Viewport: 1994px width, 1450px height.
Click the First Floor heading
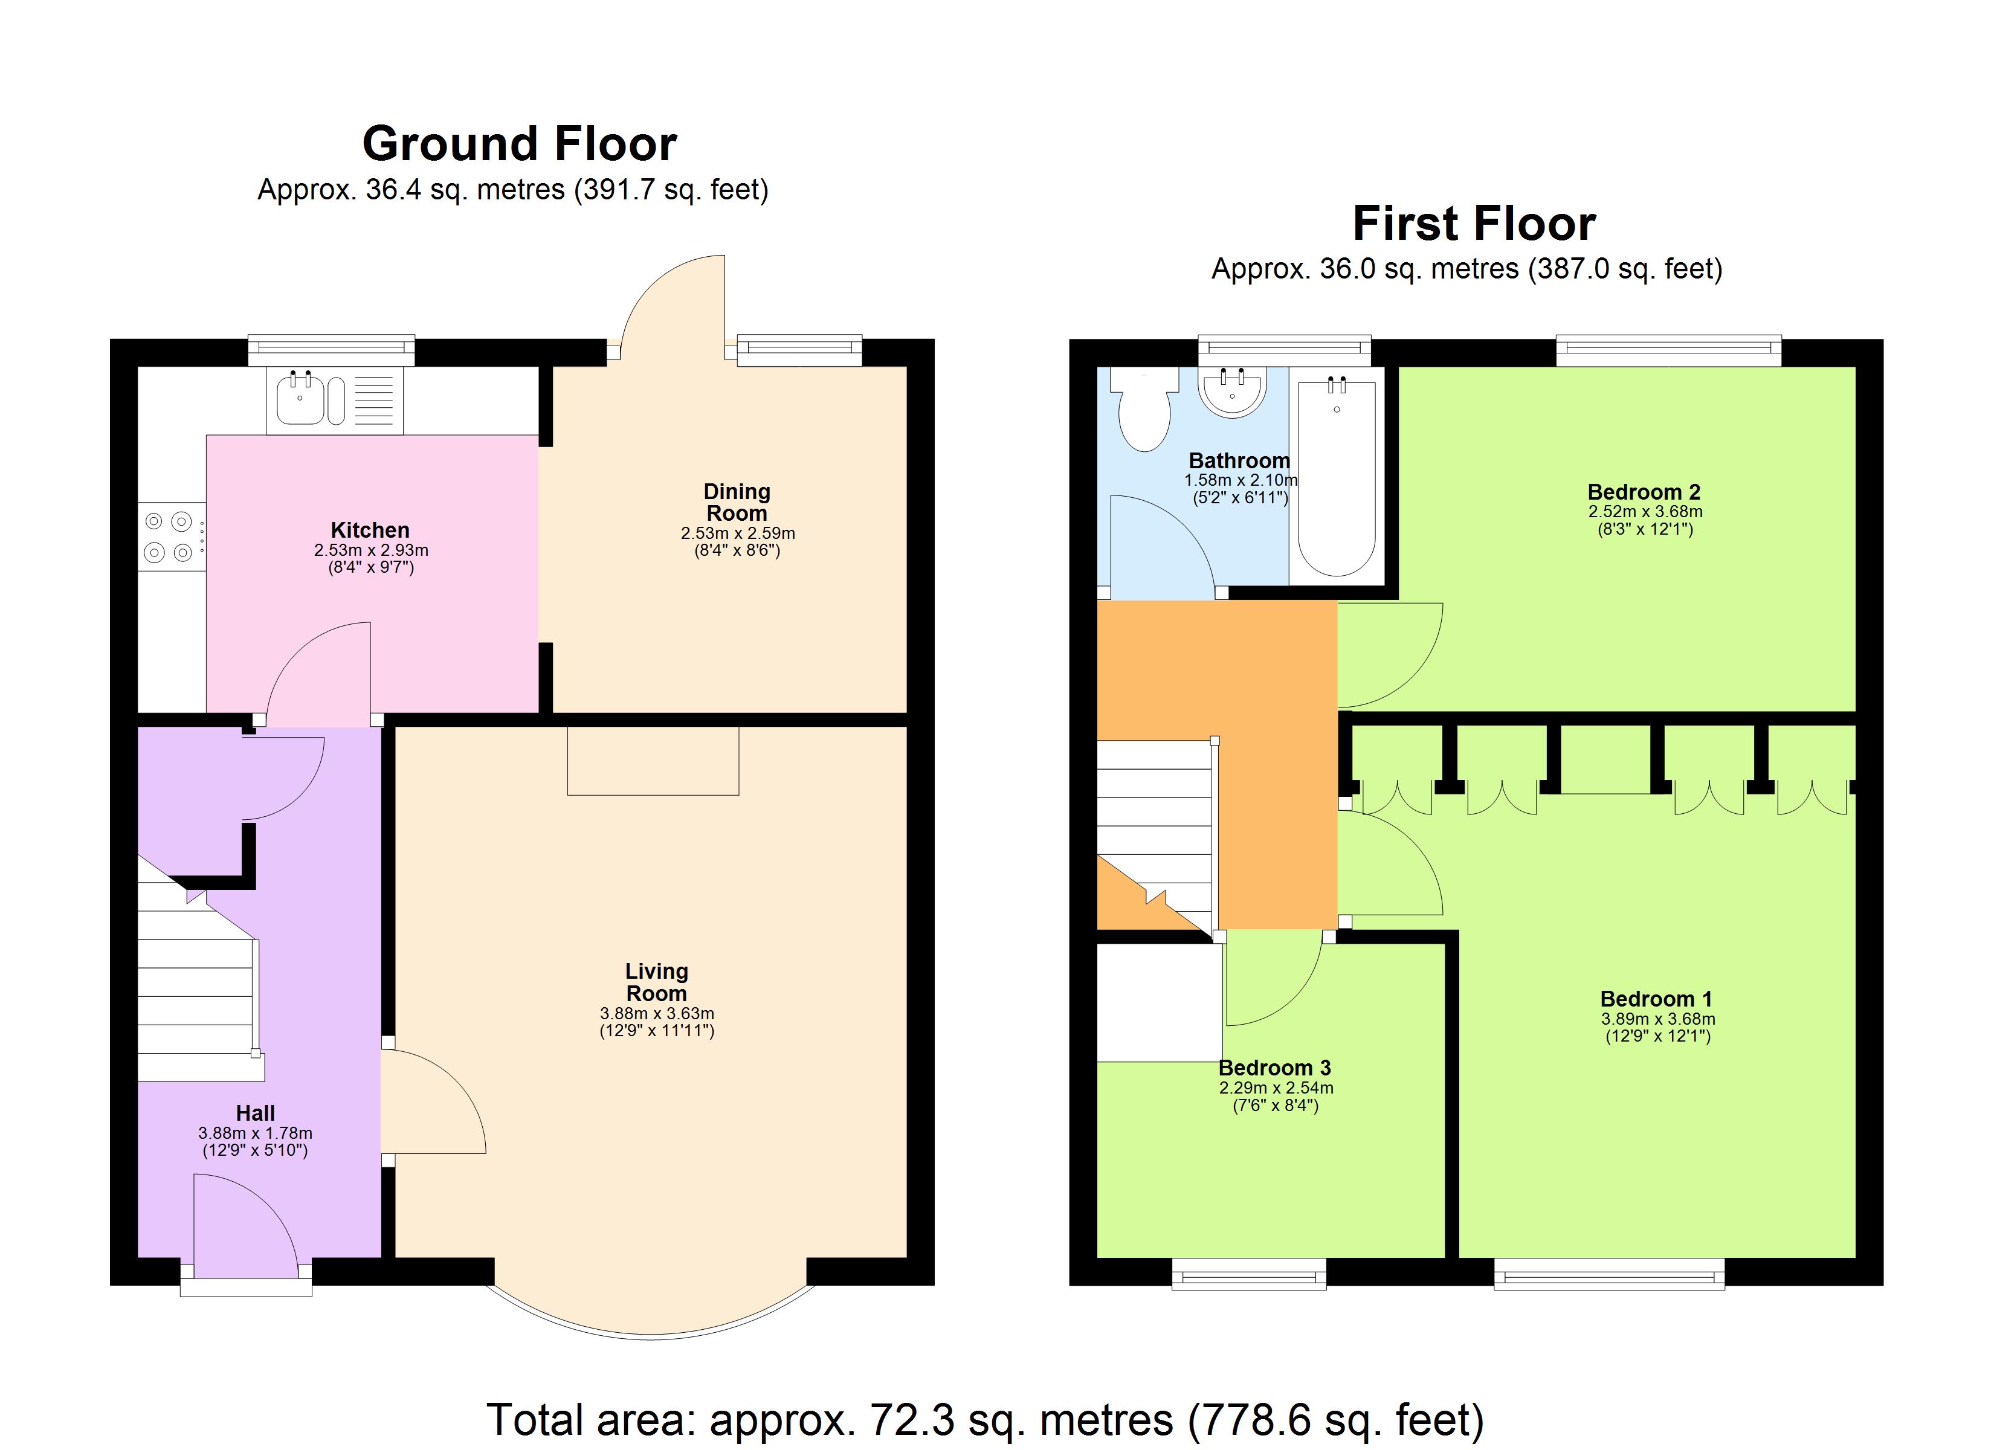(x=1474, y=224)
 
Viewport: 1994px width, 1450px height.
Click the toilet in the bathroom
(x=1144, y=411)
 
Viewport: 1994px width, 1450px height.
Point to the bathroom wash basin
(x=1233, y=391)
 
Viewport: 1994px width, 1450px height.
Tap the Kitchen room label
(x=370, y=530)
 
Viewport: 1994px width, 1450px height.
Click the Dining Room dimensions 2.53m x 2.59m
(x=738, y=533)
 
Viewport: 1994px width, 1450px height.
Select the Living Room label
(x=657, y=982)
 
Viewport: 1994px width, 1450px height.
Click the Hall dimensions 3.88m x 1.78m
(x=255, y=1133)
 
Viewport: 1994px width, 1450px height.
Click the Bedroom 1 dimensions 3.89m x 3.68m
(x=1657, y=1019)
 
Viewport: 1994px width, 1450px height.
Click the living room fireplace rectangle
(x=653, y=761)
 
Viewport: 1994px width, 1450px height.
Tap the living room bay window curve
(x=651, y=1332)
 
